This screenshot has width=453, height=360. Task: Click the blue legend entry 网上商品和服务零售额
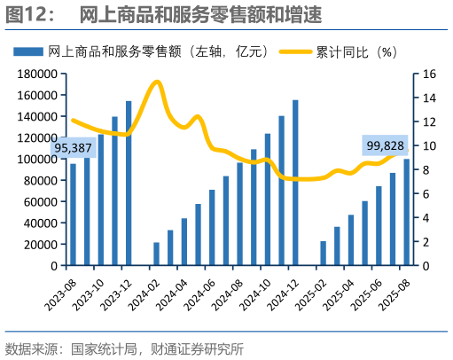[x=133, y=52]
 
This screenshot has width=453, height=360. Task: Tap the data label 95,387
[x=74, y=147]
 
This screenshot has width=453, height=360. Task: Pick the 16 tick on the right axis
[x=428, y=74]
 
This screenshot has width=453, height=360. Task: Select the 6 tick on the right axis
[x=425, y=194]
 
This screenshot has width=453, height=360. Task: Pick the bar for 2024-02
[x=156, y=254]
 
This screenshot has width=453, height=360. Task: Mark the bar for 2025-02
[x=324, y=253]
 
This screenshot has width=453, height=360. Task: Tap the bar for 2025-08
[x=407, y=212]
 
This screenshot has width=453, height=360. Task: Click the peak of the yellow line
[x=156, y=82]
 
